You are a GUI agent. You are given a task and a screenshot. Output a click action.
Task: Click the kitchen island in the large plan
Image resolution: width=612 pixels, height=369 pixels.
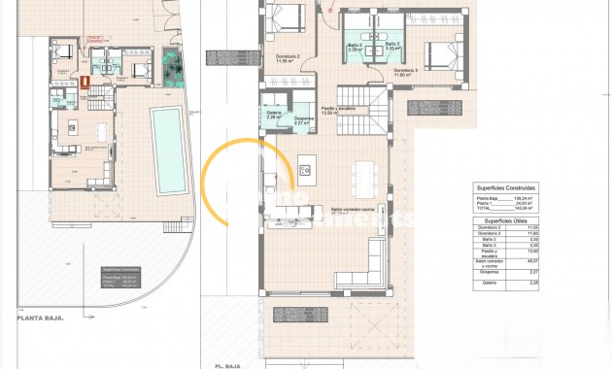tap(306, 169)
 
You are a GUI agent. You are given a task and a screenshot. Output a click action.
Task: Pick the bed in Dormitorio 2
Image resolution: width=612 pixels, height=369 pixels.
tap(286, 17)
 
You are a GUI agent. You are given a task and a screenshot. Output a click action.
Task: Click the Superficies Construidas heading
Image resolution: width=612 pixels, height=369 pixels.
tap(506, 186)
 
